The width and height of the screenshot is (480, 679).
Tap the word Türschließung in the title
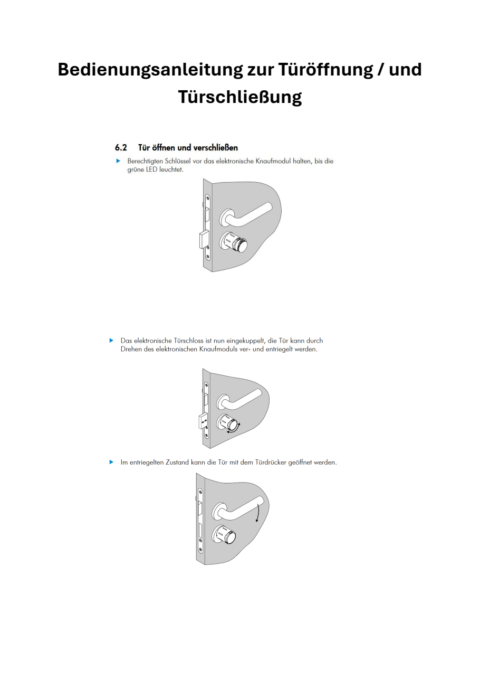239,97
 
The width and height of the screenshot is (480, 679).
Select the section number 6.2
121,147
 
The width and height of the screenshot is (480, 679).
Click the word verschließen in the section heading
213,147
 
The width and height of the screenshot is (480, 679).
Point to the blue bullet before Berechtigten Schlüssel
118,161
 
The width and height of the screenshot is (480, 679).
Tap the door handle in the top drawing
248,213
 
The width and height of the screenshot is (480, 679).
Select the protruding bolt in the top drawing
202,240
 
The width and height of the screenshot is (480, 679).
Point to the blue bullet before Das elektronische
111,341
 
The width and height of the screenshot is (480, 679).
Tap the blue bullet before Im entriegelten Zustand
111,462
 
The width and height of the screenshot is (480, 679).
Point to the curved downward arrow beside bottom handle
258,512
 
